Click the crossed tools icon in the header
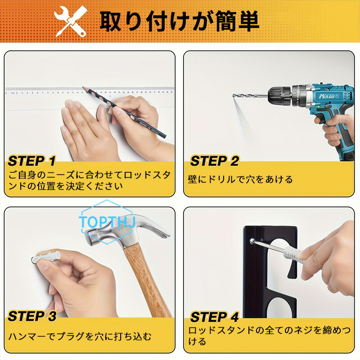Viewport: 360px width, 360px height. click(x=71, y=21)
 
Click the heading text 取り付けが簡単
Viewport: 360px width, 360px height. click(x=180, y=21)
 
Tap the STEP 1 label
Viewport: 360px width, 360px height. click(x=31, y=161)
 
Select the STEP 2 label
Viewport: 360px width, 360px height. click(x=215, y=161)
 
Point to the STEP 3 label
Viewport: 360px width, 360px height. click(x=32, y=316)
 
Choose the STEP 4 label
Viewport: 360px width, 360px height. click(x=215, y=317)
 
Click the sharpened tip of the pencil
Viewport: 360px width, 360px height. click(x=83, y=87)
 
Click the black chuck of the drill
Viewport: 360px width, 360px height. click(x=280, y=96)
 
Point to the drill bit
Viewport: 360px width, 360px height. click(x=250, y=95)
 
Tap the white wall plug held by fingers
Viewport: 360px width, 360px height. click(x=46, y=257)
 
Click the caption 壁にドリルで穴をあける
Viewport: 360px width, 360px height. click(x=240, y=179)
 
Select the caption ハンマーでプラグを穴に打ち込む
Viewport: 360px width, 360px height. click(x=80, y=336)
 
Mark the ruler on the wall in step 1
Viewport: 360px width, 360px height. click(x=90, y=90)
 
